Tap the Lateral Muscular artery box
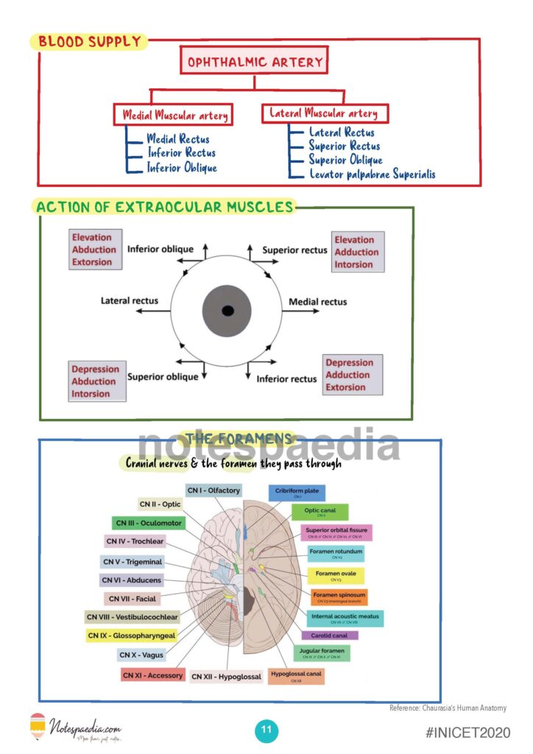(x=324, y=113)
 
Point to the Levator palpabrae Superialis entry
(x=372, y=175)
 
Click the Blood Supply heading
(x=89, y=41)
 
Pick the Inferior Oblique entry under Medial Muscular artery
(x=182, y=168)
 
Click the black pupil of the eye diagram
(x=227, y=310)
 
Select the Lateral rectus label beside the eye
(x=130, y=300)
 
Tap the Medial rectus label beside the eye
(x=317, y=302)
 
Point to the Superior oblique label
(x=163, y=377)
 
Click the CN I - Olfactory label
(x=213, y=490)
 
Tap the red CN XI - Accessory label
(x=152, y=675)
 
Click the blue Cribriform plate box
(x=297, y=492)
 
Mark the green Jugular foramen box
(x=322, y=652)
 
